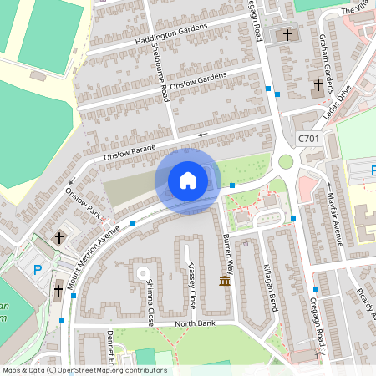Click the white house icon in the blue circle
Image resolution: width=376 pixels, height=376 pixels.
(187, 180)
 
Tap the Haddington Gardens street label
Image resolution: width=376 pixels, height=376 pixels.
(170, 35)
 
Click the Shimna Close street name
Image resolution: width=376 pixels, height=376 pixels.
(150, 302)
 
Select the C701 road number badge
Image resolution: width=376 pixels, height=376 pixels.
(307, 138)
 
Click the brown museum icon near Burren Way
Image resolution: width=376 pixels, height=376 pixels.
(225, 281)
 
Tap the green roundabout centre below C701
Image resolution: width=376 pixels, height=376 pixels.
(286, 161)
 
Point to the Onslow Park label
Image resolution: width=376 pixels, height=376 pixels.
(86, 203)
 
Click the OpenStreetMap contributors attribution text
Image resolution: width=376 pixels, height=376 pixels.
(84, 370)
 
